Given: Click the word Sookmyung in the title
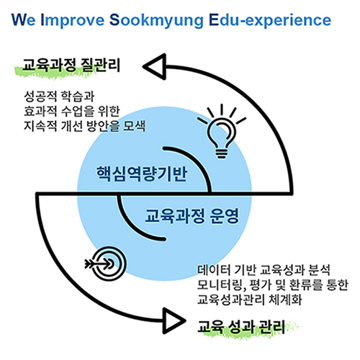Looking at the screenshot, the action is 156,21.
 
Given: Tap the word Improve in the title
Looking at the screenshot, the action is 73,21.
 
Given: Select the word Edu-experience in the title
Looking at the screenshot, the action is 270,21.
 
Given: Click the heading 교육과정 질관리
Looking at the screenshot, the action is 71,65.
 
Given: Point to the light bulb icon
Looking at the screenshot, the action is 222,131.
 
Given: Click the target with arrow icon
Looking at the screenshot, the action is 106,264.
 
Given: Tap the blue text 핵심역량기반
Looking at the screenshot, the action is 141,174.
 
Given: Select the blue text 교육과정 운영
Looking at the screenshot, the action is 192,216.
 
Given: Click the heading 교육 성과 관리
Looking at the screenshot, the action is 241,327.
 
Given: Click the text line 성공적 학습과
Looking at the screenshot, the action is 59,96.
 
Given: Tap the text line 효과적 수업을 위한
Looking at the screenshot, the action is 71,111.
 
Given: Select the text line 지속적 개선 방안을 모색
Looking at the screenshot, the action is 84,126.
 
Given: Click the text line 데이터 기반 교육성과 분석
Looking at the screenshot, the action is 264,270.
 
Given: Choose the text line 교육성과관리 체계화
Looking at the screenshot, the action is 249,300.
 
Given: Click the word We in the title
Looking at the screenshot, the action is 24,20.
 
